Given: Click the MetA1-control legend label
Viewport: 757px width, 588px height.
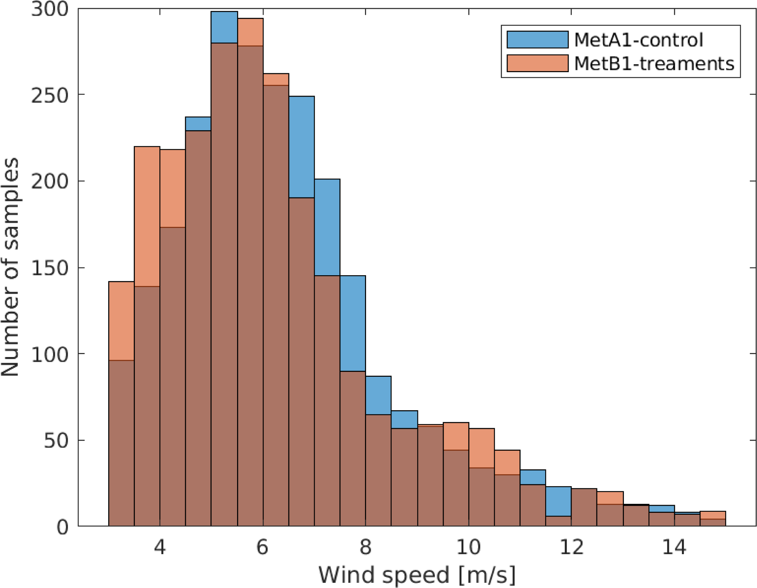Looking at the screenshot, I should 638,40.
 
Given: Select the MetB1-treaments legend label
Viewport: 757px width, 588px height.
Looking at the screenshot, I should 654,64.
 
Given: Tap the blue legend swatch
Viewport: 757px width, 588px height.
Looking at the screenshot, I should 537,39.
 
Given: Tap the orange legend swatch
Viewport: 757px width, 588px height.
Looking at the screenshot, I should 537,63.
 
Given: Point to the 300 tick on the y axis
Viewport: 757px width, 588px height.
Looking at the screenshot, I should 50,9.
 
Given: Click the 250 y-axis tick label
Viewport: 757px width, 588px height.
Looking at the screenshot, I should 50,96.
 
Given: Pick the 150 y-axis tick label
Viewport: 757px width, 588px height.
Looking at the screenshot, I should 50,268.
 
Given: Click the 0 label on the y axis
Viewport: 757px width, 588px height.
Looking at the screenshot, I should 62,527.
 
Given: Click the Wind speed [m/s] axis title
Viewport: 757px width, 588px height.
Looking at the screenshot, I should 417,575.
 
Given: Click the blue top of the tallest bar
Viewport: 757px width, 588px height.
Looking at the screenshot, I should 224,27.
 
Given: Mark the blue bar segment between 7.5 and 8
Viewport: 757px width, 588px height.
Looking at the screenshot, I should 353,323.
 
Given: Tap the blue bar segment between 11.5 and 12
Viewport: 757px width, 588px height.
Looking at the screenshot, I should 558,501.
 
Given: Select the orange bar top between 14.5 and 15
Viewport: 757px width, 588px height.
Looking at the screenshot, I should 713,515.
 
